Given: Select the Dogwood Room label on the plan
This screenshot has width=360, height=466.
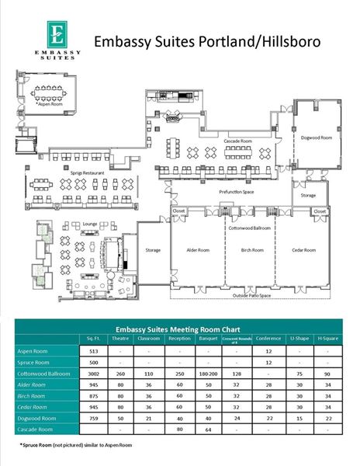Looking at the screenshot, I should pos(316,137).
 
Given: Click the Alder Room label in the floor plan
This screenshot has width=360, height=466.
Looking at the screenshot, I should pos(198,250).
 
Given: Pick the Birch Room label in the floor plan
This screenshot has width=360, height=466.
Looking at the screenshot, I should pos(252,250).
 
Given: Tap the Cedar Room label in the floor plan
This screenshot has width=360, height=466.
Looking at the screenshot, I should pos(304,250).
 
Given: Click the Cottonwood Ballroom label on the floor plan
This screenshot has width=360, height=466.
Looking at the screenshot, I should pos(249,228).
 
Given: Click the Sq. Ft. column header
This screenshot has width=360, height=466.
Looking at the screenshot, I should pos(95,339).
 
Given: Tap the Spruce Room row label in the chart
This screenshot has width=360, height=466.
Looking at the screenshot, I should pos(33,362).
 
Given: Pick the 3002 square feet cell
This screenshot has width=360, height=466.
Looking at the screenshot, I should pos(95,373).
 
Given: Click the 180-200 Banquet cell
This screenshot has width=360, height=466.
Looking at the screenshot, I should pos(207,373).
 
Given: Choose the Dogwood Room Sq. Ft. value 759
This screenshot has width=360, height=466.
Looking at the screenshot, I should pos(95,416).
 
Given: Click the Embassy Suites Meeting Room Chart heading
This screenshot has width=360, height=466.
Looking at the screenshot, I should pos(179,328).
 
